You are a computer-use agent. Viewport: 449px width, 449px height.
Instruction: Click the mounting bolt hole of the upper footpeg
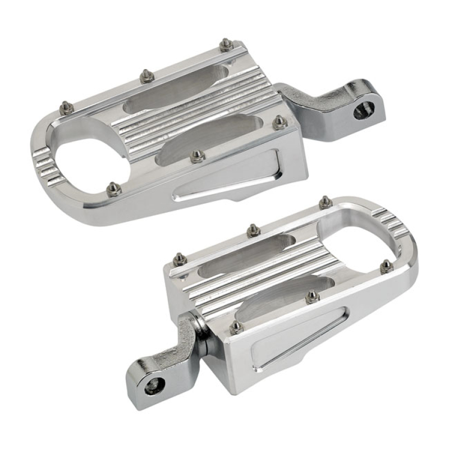[x=360, y=112]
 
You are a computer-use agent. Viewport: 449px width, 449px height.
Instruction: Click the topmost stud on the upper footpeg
[x=226, y=44]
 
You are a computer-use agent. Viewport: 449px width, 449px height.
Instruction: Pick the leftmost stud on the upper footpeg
[x=66, y=107]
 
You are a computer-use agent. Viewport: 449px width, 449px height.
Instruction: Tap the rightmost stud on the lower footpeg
[x=386, y=266]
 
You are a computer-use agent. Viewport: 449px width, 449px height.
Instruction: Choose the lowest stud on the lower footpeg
[x=237, y=327]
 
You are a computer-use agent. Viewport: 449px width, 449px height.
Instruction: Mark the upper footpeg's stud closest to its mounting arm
[x=279, y=122]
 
